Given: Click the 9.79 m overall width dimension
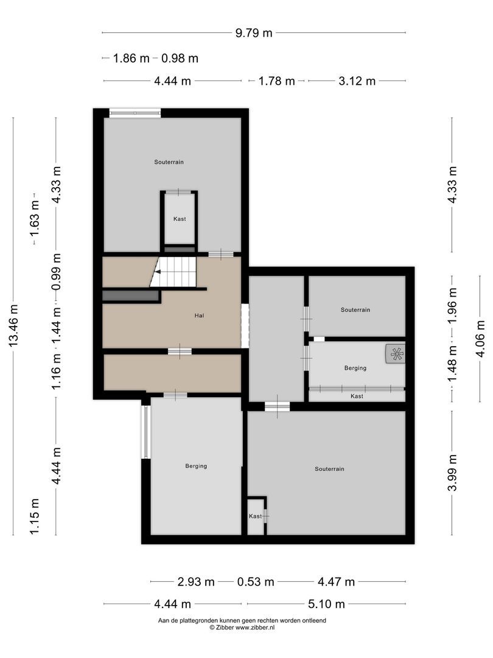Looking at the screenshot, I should [254, 33].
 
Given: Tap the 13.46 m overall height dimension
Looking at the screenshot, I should [13, 327].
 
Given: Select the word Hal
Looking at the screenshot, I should [198, 316].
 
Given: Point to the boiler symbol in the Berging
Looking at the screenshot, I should [396, 354].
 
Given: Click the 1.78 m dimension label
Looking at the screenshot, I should [277, 81].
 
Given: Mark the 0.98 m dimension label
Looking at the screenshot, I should [180, 58].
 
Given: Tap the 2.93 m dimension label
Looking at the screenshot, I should [196, 582].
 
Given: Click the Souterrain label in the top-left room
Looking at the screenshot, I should [169, 162].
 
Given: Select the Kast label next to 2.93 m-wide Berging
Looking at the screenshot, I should [254, 516].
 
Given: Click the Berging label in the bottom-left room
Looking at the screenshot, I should [196, 466].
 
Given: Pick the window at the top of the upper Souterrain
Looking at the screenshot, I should [135, 112].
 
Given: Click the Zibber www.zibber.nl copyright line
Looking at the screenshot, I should [242, 627].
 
